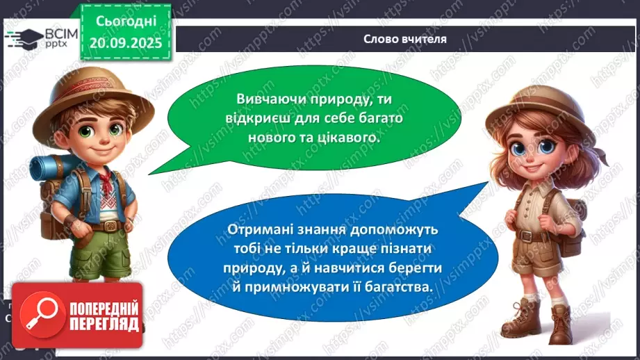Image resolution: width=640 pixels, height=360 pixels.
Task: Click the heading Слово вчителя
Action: pos(404,39)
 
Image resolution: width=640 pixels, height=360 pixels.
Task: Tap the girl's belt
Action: pos(536,236)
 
